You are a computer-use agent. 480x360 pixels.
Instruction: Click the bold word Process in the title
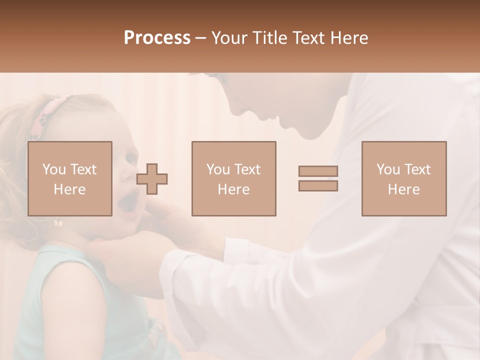click(x=157, y=37)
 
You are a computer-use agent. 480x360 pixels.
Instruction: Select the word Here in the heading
click(x=348, y=37)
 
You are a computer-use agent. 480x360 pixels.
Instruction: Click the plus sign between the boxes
click(x=152, y=178)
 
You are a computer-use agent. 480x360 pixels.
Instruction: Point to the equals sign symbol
click(x=318, y=178)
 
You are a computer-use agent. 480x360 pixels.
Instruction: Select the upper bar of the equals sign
click(x=318, y=171)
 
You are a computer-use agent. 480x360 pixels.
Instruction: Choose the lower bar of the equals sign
click(x=318, y=186)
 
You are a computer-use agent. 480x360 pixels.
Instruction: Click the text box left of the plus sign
click(x=69, y=178)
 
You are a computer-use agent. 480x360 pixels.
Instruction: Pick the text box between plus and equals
click(x=233, y=178)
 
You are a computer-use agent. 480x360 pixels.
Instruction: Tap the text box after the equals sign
click(x=403, y=178)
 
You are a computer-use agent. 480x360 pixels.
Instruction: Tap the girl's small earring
click(x=58, y=223)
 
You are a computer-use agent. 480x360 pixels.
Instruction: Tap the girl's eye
click(x=130, y=159)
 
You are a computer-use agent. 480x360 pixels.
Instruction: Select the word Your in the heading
click(x=229, y=37)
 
